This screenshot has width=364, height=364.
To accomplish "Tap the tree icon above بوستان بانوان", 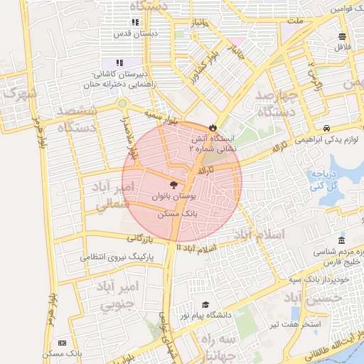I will pos(175,184).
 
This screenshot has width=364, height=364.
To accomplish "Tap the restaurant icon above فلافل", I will pos(343,37).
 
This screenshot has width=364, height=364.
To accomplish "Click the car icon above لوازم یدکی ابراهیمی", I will pos(326,129).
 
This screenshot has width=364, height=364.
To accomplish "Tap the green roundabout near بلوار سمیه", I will pos(122,104).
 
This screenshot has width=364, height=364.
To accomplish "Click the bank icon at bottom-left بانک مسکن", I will pos(62,343).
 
